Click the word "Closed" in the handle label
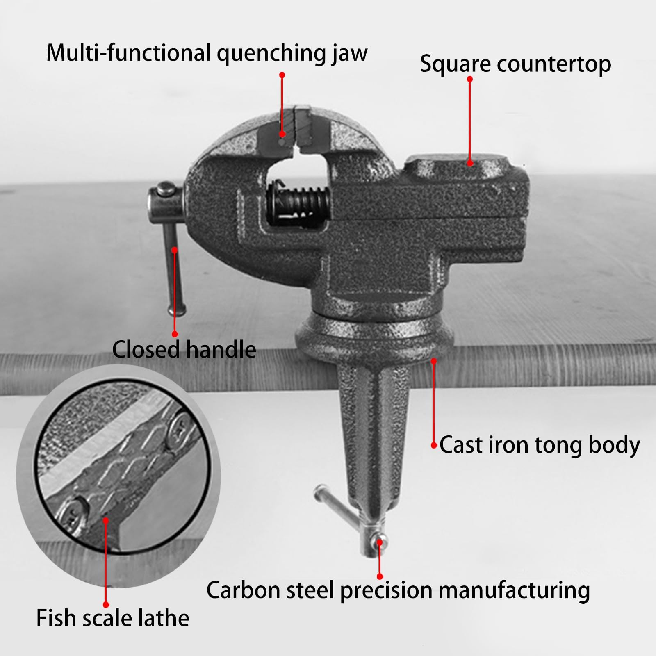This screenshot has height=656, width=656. click(146, 349)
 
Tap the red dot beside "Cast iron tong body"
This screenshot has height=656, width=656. click(434, 445)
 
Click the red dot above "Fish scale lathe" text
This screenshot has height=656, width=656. click(106, 520)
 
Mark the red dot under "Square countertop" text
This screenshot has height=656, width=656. click(470, 163)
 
